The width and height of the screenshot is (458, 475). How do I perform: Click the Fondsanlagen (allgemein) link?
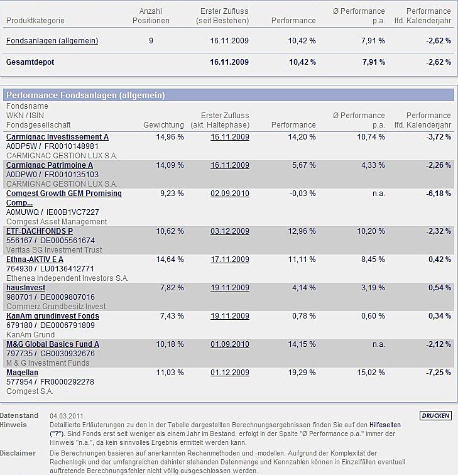coord(52,41)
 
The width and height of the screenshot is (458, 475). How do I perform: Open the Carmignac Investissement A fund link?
coord(57,137)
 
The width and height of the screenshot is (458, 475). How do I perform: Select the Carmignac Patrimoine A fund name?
coord(50,165)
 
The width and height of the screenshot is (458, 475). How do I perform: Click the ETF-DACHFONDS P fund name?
coord(40,231)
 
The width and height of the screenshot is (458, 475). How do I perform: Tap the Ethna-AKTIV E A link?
coord(35,259)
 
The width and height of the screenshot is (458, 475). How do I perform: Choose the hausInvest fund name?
coord(26,288)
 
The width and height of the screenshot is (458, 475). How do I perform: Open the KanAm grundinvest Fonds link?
coord(53,316)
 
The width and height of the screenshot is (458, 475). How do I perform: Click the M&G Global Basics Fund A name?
coord(53,344)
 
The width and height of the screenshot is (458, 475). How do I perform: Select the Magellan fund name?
coord(22,373)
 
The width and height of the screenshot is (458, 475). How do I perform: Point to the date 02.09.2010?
coord(230,194)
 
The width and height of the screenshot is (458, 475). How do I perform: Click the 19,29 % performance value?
coord(301,373)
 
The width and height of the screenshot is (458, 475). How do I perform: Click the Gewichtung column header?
coord(163,125)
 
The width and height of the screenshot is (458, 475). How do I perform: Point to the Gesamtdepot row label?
coord(30,62)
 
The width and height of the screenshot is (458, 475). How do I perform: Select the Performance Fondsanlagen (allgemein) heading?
coord(85,96)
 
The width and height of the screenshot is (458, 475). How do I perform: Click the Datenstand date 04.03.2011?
coord(67,416)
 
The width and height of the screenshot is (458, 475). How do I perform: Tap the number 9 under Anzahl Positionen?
coord(151,41)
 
